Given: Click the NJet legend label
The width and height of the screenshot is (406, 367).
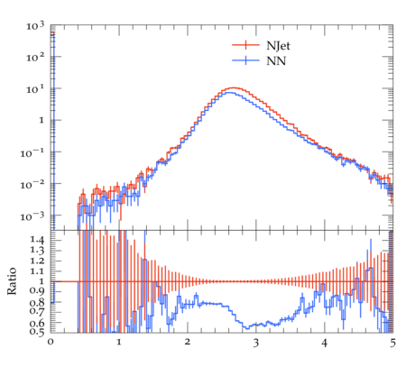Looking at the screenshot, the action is [278, 46].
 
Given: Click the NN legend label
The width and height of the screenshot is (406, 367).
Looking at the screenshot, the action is [276, 61].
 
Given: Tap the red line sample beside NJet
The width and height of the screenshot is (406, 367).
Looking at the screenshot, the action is [245, 45].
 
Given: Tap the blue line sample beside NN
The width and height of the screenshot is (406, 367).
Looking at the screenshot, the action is [245, 60].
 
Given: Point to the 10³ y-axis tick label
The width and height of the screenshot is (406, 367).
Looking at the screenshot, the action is [35, 26].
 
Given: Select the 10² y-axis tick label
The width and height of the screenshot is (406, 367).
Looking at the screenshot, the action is [35, 57].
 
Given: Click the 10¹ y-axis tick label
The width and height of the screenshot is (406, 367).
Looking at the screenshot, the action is [35, 89].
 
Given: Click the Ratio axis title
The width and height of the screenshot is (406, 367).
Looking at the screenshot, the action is [12, 281].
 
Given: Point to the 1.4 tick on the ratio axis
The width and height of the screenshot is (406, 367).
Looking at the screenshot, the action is [37, 240].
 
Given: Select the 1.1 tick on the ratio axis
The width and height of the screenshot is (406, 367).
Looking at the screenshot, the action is [37, 271].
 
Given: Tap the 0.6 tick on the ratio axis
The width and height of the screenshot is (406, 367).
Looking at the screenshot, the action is [37, 323].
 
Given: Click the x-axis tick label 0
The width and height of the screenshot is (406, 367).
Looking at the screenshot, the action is [51, 342].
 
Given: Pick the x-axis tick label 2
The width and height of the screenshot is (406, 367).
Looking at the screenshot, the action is [188, 342].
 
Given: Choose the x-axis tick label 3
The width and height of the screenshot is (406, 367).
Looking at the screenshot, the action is [256, 343].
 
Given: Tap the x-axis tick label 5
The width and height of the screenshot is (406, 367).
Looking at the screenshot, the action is [392, 343].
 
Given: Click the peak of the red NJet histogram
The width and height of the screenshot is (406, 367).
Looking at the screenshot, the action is [233, 87].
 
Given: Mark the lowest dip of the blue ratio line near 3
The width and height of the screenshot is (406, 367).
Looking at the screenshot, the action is [247, 328].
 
